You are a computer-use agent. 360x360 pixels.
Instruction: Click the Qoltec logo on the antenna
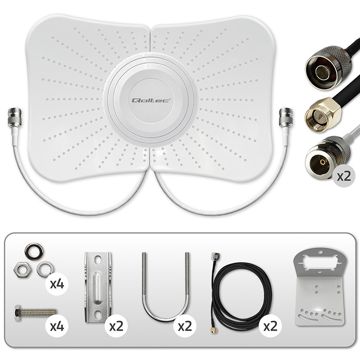click(151, 100)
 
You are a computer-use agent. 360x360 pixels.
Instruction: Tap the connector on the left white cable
click(15, 118)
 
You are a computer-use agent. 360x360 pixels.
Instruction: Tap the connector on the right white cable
click(286, 118)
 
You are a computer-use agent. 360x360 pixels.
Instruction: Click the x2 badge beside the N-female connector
click(344, 176)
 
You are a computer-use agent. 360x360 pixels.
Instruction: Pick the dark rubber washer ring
click(34, 251)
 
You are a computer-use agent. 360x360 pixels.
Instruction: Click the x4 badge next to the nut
click(57, 284)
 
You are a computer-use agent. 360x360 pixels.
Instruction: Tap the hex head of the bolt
click(18, 313)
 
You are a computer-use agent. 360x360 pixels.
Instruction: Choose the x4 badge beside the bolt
click(57, 326)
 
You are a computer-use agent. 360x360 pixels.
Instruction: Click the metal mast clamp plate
click(98, 287)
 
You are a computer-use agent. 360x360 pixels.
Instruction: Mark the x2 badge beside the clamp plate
click(116, 326)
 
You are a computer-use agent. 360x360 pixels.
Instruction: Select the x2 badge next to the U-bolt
click(185, 326)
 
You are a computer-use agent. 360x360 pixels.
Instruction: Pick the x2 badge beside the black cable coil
click(270, 326)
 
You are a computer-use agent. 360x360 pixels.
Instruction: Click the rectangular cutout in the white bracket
click(319, 263)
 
